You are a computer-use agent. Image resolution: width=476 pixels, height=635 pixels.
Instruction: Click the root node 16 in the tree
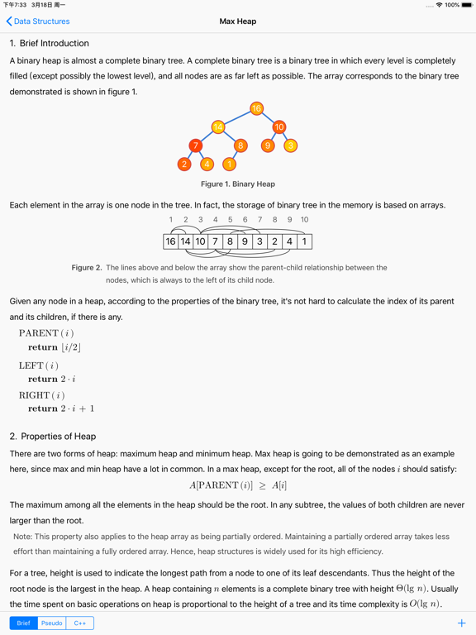(x=256, y=108)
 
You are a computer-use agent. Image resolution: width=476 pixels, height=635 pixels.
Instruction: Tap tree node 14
(x=218, y=127)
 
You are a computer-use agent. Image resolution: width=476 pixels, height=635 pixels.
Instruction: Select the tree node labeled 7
(x=196, y=146)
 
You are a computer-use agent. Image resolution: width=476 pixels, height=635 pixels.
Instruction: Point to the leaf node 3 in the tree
(x=290, y=146)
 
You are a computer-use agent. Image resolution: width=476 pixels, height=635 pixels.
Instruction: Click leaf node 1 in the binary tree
(x=229, y=165)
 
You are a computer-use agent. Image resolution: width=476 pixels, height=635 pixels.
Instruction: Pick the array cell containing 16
(x=171, y=241)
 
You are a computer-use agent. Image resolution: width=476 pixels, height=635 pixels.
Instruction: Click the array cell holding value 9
(x=245, y=241)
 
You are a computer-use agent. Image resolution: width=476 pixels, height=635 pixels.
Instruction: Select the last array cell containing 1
(x=304, y=241)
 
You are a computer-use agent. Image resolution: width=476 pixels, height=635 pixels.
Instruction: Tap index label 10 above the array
(x=304, y=220)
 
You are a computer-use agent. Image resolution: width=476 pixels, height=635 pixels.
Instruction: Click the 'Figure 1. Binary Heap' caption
(x=238, y=184)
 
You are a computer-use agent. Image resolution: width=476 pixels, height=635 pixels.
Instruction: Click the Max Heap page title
(x=238, y=21)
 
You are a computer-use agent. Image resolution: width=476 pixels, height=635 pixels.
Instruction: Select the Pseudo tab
(x=51, y=623)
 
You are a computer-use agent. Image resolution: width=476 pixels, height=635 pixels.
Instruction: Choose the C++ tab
(x=80, y=623)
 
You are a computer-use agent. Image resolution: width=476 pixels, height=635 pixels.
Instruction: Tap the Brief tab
(x=24, y=623)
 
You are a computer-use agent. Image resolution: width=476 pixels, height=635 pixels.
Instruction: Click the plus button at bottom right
(x=461, y=623)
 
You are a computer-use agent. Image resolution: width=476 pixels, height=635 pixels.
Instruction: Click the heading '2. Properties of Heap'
(x=53, y=436)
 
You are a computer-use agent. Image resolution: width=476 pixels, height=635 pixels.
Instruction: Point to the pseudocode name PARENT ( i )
(x=46, y=333)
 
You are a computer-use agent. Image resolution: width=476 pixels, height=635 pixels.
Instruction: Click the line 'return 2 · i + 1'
(x=61, y=408)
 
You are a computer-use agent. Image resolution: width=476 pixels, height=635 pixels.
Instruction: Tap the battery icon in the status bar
(x=464, y=5)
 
